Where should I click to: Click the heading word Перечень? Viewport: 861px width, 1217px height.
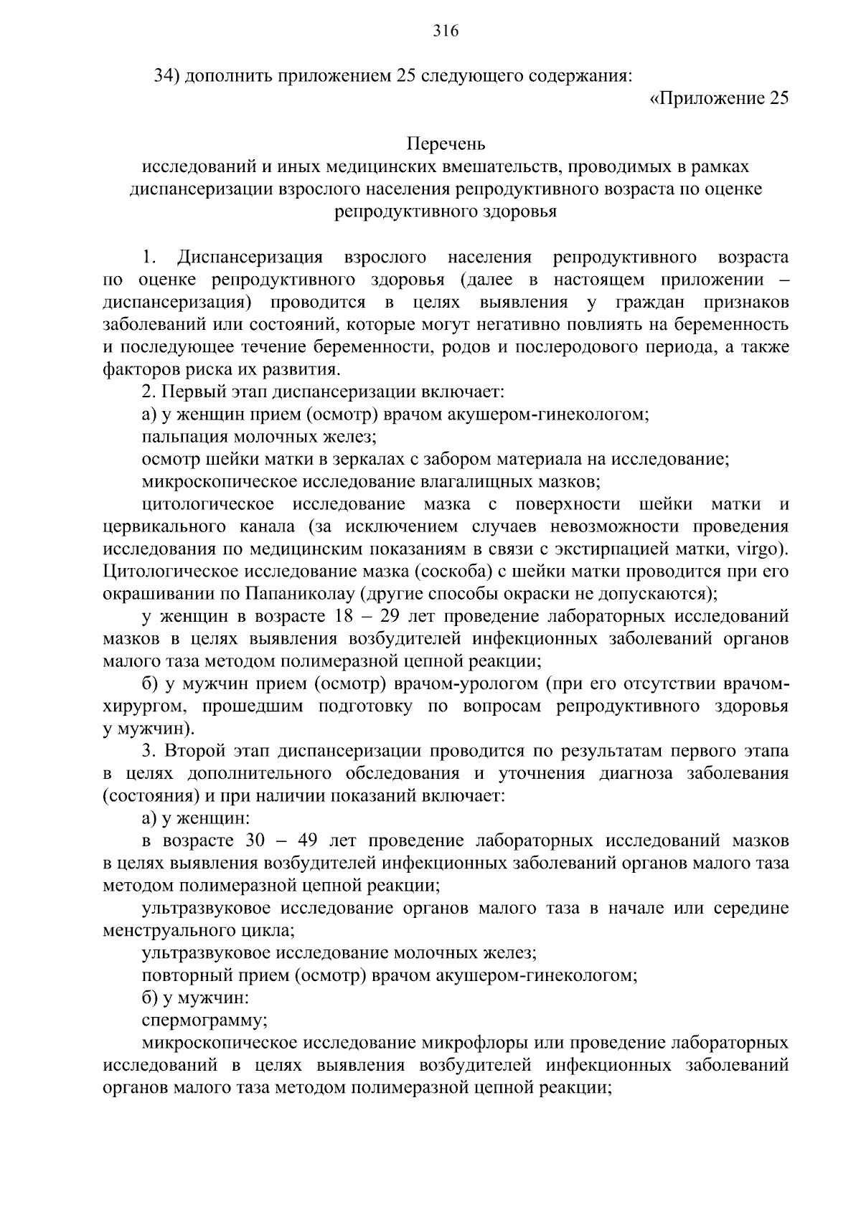click(x=446, y=144)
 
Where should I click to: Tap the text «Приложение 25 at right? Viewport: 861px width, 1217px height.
click(x=719, y=98)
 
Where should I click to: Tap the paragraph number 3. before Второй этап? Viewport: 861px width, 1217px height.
click(x=149, y=751)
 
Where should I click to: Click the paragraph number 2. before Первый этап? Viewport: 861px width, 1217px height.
click(x=149, y=392)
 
